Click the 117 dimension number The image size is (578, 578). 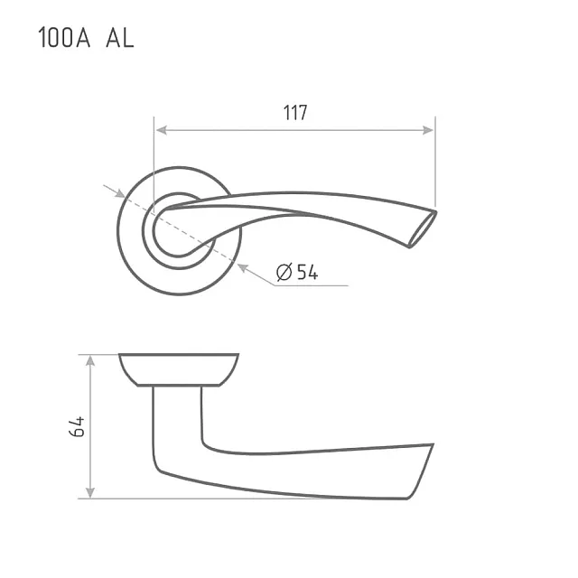tap(295, 112)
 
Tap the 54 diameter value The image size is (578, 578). tap(307, 273)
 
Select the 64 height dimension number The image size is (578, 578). tap(77, 427)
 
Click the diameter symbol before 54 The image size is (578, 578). tap(284, 272)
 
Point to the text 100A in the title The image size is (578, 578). tap(64, 37)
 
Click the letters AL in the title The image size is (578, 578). tap(120, 38)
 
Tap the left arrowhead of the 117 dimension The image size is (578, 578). tap(162, 130)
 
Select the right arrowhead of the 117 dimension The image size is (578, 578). tap(428, 130)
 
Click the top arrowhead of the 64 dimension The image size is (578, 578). tap(90, 361)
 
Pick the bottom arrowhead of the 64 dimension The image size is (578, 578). tap(90, 492)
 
